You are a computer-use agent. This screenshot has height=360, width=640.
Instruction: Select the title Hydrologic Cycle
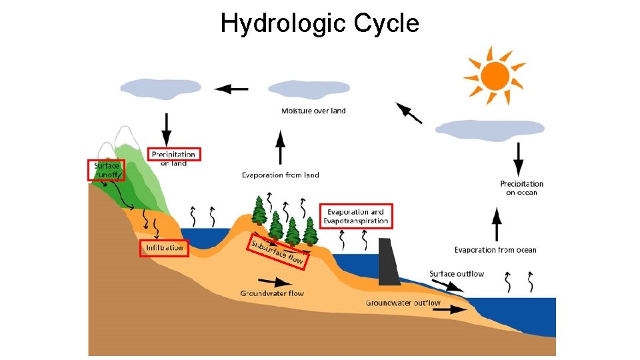[x=320, y=23]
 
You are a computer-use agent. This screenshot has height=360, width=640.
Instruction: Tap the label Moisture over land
[x=313, y=111]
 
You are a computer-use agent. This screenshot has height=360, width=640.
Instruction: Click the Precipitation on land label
[x=174, y=158]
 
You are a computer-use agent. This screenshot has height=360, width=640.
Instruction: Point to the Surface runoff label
[x=106, y=170]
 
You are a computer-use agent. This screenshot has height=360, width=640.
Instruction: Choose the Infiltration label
[x=165, y=248]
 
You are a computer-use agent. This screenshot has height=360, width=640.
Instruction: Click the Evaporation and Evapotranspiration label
[x=356, y=216]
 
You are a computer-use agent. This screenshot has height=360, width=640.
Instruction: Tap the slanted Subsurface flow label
[x=276, y=250]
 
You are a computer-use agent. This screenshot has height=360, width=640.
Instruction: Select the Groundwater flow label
[x=272, y=293]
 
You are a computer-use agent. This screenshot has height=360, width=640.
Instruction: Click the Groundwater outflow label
[x=403, y=303]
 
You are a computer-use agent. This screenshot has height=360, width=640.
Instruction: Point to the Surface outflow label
[x=457, y=273]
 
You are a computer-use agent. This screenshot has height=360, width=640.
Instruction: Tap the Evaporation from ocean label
[x=495, y=250]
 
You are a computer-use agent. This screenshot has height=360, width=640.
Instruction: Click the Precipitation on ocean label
[x=521, y=188]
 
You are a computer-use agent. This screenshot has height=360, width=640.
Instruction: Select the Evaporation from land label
[x=280, y=175]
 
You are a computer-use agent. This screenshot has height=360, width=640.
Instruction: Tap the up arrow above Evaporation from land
[x=281, y=147]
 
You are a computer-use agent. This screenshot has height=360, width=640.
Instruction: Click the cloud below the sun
[x=490, y=131]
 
